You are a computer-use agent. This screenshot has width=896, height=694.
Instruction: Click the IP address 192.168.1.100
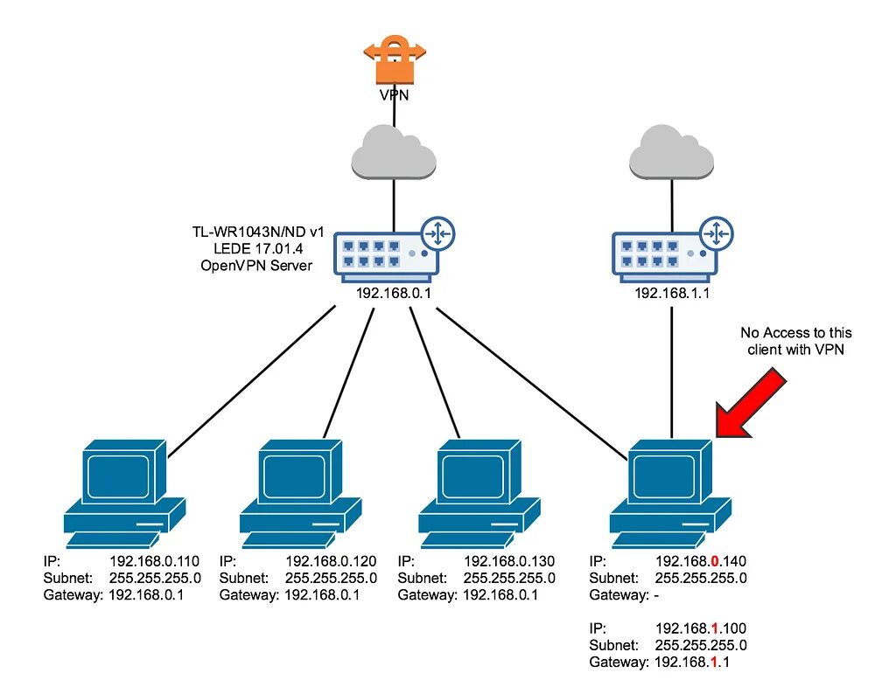[x=700, y=628]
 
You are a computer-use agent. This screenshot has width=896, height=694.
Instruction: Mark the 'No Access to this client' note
[x=795, y=341]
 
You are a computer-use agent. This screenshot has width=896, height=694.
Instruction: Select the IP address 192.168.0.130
[x=508, y=561]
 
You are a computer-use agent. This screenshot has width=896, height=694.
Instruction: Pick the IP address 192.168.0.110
[x=155, y=561]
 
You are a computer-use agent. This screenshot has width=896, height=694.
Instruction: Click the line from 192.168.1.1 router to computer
[x=671, y=367]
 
